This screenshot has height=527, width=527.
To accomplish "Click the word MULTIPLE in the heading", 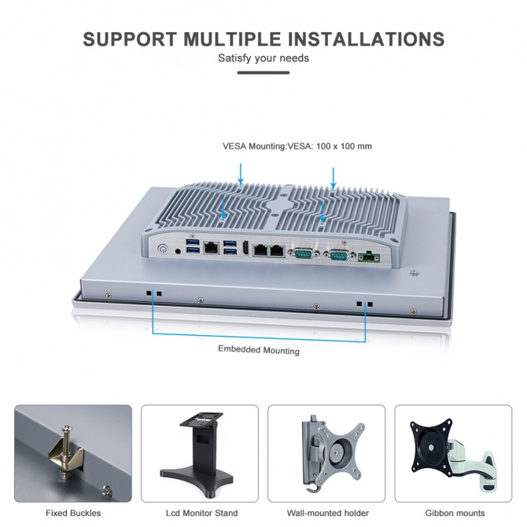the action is point(232,39).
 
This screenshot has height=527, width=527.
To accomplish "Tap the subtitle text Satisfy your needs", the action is point(263,58).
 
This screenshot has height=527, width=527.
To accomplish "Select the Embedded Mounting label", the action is point(259,350).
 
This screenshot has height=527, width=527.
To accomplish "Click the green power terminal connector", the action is point(370,257).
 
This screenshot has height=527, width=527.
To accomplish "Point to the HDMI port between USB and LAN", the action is point(245,249).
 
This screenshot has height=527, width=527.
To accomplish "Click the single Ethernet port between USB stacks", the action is point(211,248).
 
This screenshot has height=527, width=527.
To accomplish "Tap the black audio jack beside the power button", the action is point(179,251).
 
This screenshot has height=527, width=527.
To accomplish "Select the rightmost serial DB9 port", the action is point(339,256).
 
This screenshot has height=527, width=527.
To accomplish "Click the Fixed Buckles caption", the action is point(73,513).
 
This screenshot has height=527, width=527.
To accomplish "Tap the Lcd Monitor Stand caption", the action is point(201,513).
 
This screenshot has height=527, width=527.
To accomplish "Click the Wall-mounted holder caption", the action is point(328,513).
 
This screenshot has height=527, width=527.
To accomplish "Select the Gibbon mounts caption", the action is point(455,513).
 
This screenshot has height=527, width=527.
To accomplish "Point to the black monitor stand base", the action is point(197,479).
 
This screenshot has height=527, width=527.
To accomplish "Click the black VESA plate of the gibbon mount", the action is point(431,447).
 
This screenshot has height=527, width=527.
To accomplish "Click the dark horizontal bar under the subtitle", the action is point(263,72).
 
